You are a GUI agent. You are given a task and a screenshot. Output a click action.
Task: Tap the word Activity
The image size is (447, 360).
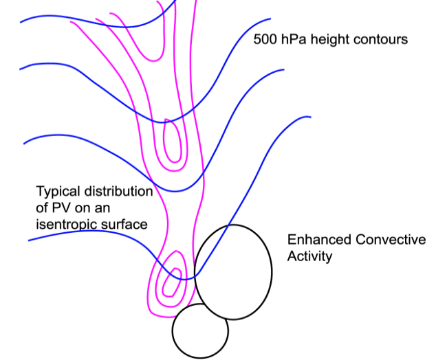coord(309,256)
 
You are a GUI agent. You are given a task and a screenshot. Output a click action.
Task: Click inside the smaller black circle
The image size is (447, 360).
coord(199,331)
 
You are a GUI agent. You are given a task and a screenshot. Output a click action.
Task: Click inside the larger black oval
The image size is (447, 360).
coord(234,271)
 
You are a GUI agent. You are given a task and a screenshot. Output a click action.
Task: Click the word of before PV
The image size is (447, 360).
coord(43,207)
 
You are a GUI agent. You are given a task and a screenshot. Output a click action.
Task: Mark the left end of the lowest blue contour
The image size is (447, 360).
coord(29,240)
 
